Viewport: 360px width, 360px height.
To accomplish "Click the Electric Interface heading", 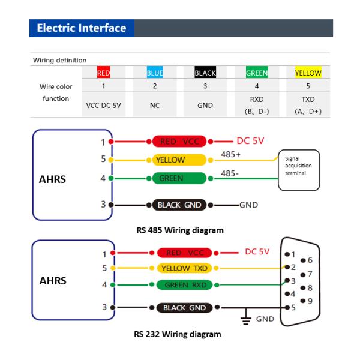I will pyautogui.click(x=81, y=28).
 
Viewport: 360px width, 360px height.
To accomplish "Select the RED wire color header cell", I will pyautogui.click(x=103, y=73).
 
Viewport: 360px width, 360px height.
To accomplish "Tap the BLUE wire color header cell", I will pyautogui.click(x=155, y=73).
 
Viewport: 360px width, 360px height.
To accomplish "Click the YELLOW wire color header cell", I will pyautogui.click(x=308, y=73).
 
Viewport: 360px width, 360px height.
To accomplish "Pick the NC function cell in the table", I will pyautogui.click(x=155, y=104).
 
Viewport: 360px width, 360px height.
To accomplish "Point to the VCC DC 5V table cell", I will pyautogui.click(x=104, y=104).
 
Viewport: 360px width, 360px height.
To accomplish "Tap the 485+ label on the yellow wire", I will pyautogui.click(x=231, y=155).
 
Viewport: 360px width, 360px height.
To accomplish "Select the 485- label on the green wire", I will pyautogui.click(x=230, y=173).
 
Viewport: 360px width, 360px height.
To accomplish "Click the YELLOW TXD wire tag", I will pyautogui.click(x=184, y=268).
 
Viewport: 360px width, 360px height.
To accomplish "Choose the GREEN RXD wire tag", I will pyautogui.click(x=184, y=285).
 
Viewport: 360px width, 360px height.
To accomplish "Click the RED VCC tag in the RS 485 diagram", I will pyautogui.click(x=179, y=142).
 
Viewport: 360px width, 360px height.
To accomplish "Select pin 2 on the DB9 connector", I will pyautogui.click(x=290, y=266).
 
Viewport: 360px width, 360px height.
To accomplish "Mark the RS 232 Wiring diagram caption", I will pyautogui.click(x=178, y=334).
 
